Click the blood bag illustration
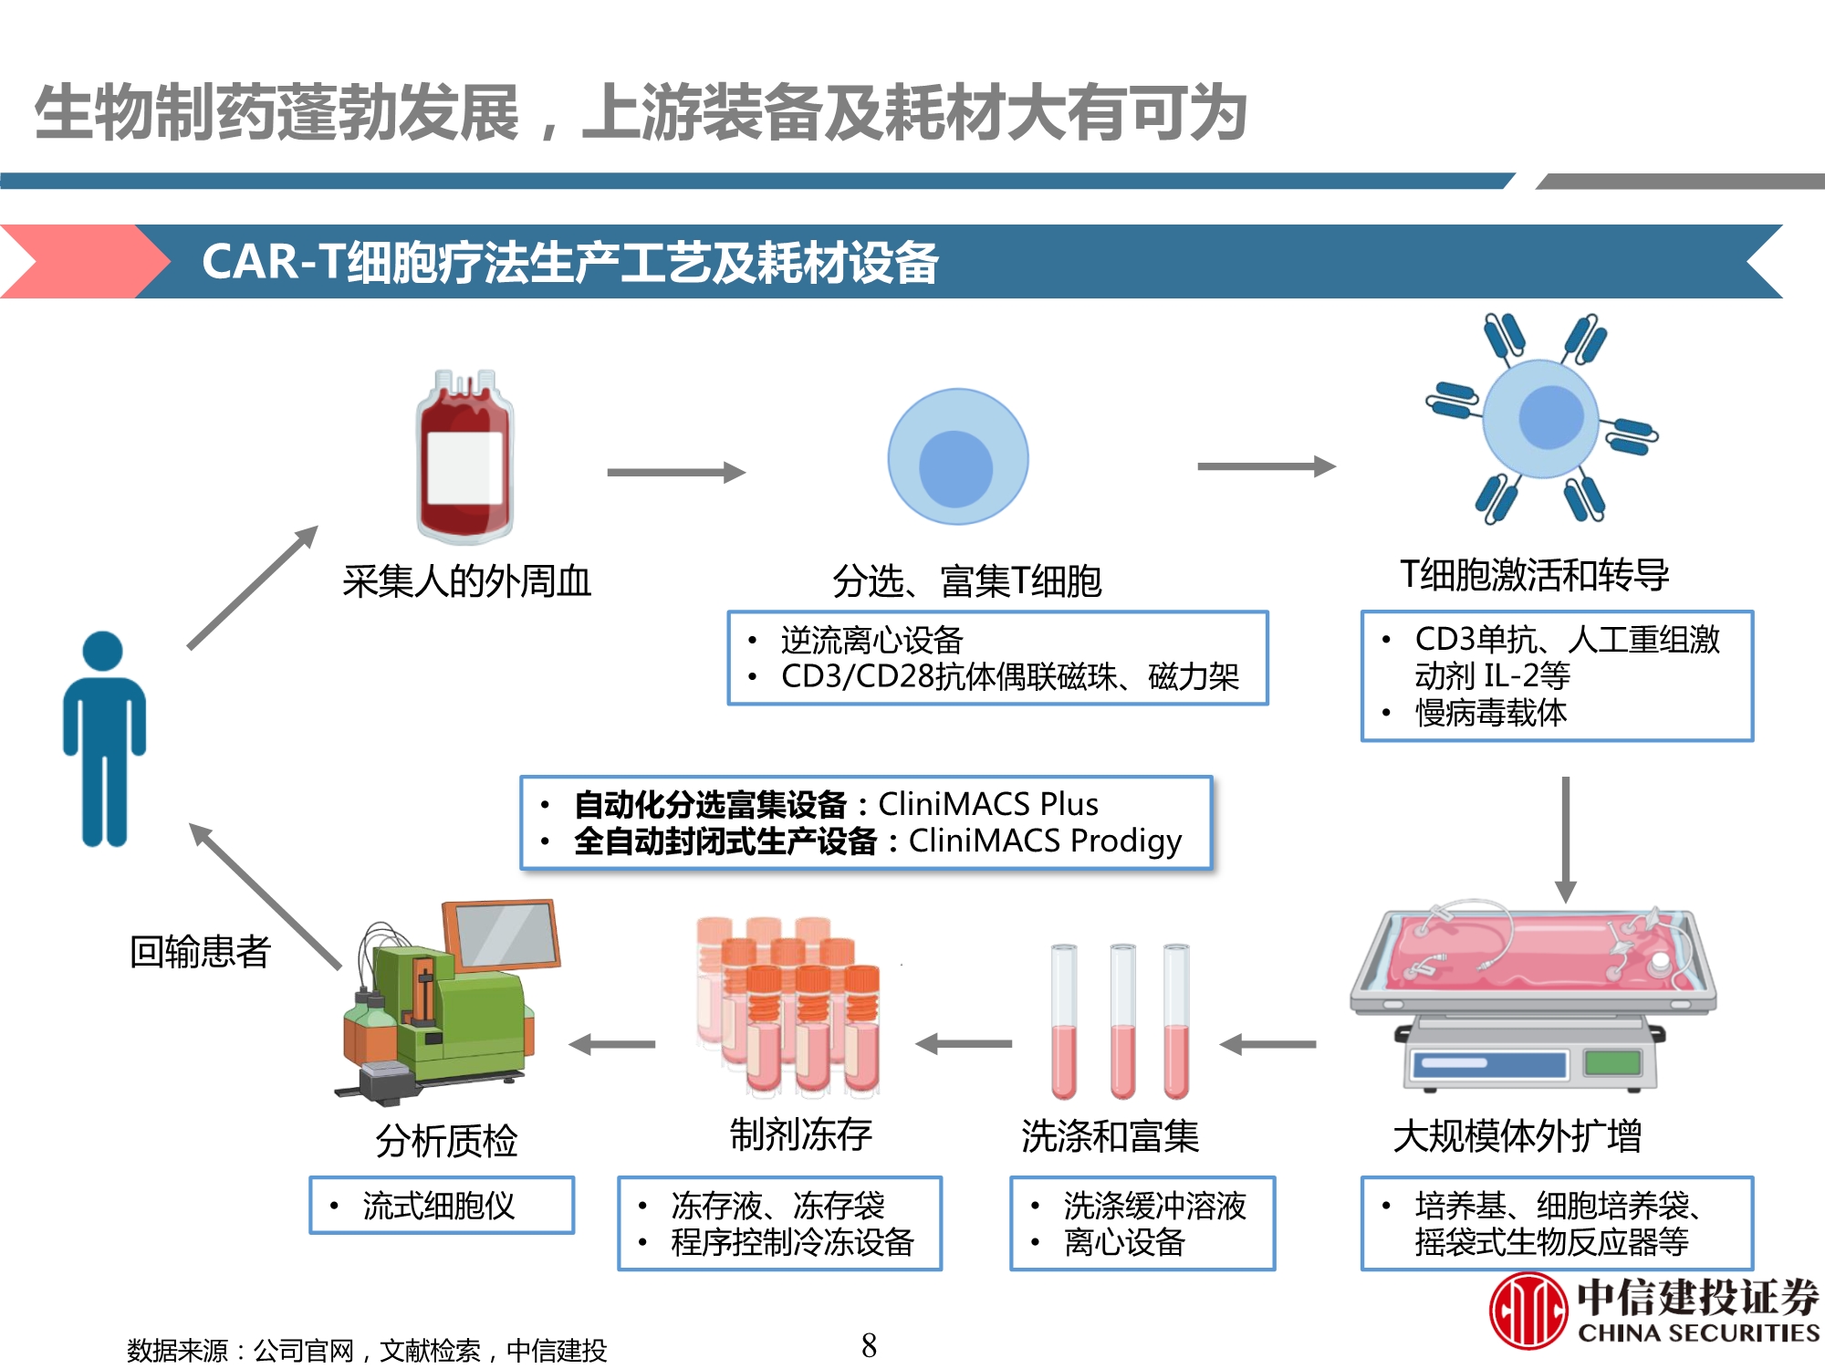tap(464, 456)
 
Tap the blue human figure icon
tap(104, 739)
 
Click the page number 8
tap(869, 1345)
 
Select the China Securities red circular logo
tap(1528, 1312)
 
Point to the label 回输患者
tap(200, 952)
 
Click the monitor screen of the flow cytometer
tap(502, 934)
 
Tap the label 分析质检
tap(446, 1141)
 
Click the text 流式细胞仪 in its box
tap(439, 1206)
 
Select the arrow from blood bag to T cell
tap(676, 472)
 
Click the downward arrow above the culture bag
tap(1565, 839)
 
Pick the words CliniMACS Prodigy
tap(1045, 841)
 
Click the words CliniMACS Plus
tap(988, 804)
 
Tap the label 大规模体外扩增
tap(1517, 1136)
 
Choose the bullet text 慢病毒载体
tap(1491, 713)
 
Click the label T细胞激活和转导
tap(1535, 575)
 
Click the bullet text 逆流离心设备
tap(871, 640)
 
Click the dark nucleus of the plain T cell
tap(955, 468)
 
